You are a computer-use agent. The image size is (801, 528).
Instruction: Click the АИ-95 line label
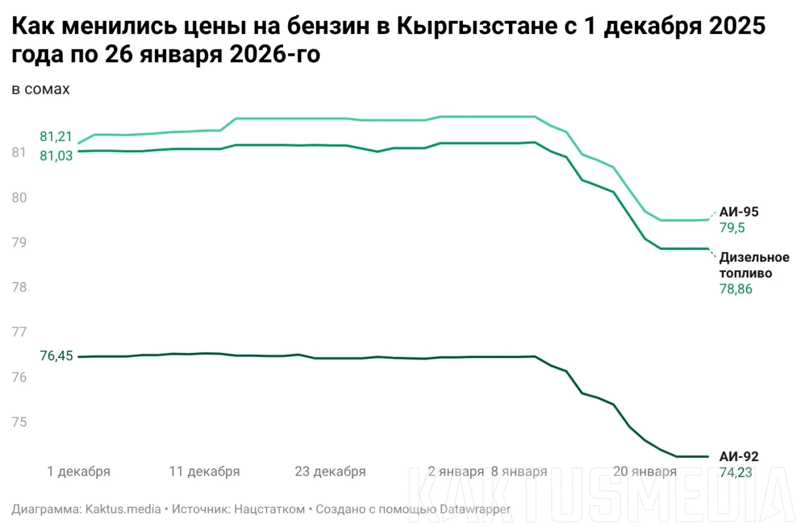coord(739,212)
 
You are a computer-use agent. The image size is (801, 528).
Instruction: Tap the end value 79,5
coord(733,228)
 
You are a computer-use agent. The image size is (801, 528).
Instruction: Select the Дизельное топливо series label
coord(754,265)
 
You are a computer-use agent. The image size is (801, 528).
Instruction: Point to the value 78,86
coord(736,289)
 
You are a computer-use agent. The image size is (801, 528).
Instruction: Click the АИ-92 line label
coord(739,457)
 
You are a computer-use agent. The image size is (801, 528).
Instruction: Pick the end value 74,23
coord(736,472)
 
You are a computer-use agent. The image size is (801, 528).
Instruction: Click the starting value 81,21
coord(56,136)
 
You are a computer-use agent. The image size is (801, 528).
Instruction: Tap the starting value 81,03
coord(56,156)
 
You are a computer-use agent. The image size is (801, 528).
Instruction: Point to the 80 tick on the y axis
coord(19,197)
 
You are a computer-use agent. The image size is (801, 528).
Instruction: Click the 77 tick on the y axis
coord(19,332)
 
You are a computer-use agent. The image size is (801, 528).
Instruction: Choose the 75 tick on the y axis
coord(19,422)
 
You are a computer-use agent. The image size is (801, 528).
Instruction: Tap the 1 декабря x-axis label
coord(79,472)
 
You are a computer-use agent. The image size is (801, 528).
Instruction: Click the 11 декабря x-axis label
coord(204,472)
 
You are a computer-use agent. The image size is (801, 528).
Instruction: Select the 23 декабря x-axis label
coord(330,472)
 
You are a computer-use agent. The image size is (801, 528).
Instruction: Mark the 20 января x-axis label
coord(644,472)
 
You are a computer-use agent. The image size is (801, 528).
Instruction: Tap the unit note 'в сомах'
coord(41,89)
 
